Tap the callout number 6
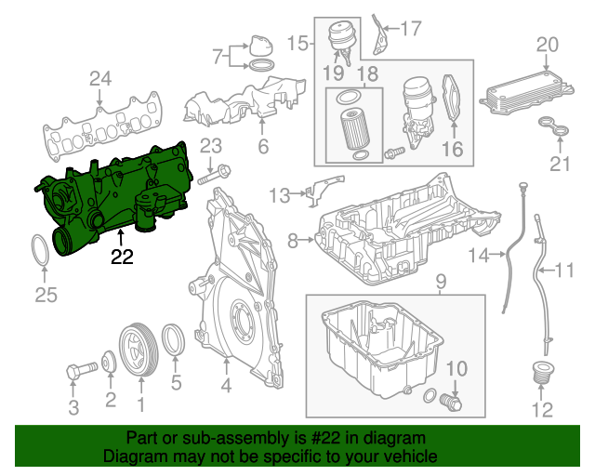pyautogui.click(x=263, y=146)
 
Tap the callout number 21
pyautogui.click(x=557, y=165)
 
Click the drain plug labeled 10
pyautogui.click(x=452, y=403)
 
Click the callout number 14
pyautogui.click(x=478, y=254)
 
